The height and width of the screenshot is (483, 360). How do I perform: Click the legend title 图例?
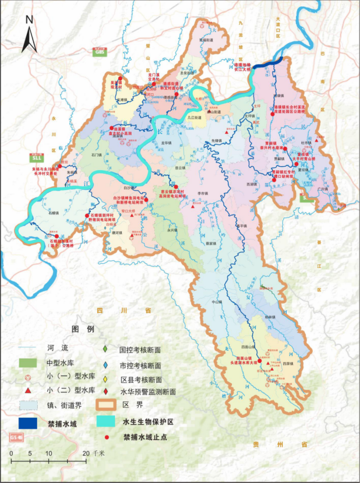click(82, 329)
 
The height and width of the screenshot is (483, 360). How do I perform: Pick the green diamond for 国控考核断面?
click(104, 350)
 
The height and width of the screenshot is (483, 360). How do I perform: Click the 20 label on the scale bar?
click(86, 453)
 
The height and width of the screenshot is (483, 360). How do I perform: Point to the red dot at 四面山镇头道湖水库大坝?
click(255, 355)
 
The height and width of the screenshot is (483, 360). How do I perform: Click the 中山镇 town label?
click(217, 302)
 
